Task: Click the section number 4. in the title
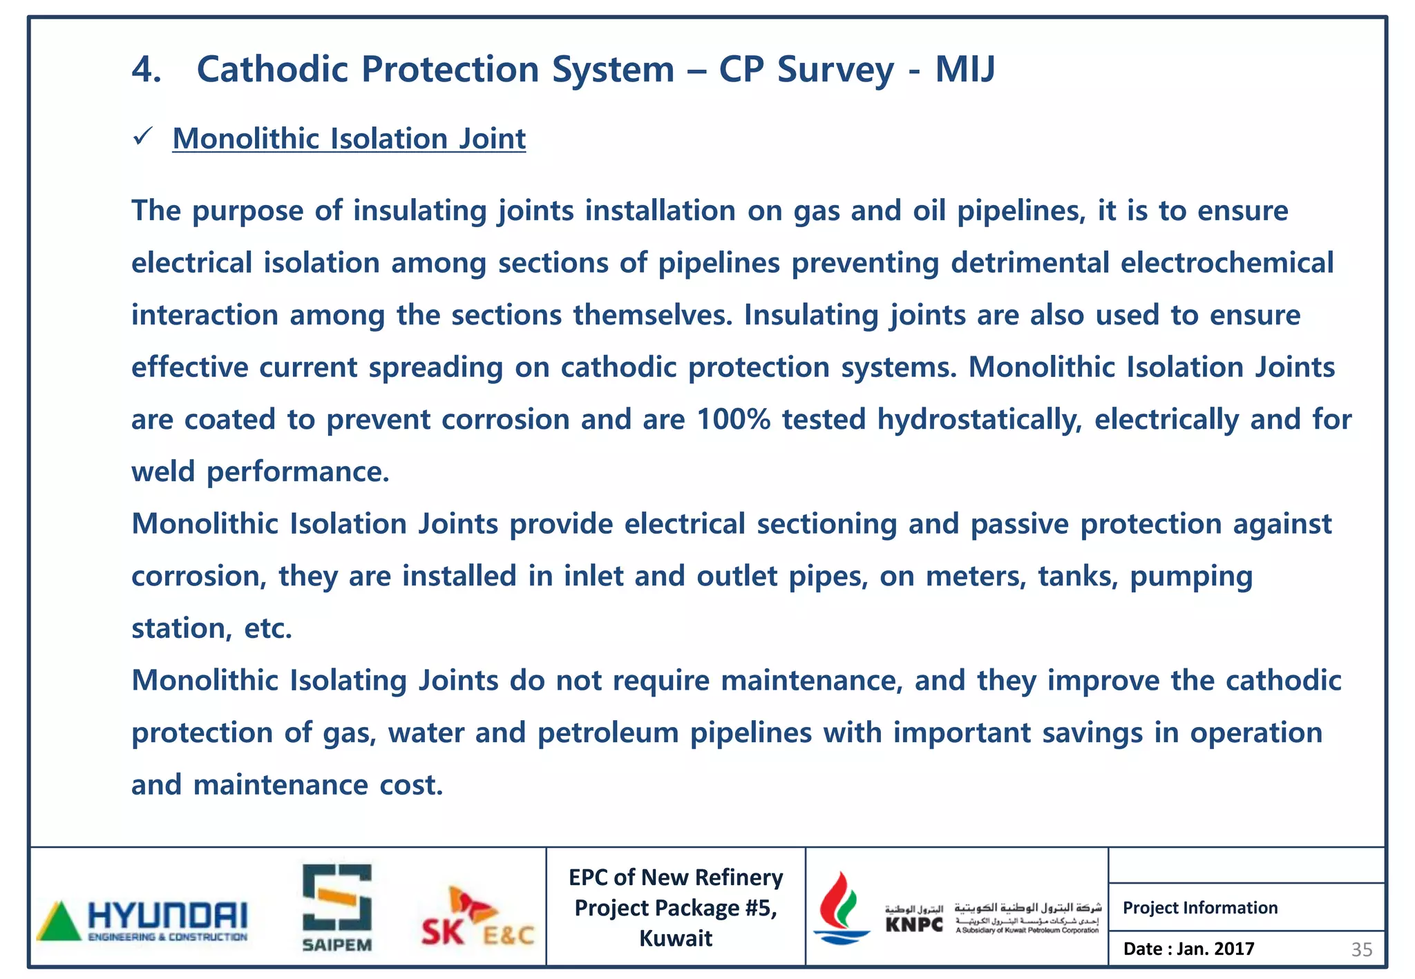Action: click(x=146, y=70)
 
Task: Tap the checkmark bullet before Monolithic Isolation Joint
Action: click(x=143, y=137)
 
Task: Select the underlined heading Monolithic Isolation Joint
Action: click(x=349, y=139)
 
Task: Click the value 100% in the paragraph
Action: click(x=733, y=419)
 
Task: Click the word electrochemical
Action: click(x=1226, y=263)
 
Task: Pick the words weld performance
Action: click(x=260, y=472)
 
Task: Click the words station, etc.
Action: click(x=212, y=628)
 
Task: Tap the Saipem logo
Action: click(x=337, y=908)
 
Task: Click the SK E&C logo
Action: click(x=477, y=918)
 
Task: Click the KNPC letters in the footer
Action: click(x=914, y=924)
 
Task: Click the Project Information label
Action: click(x=1200, y=907)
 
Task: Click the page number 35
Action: click(x=1361, y=950)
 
